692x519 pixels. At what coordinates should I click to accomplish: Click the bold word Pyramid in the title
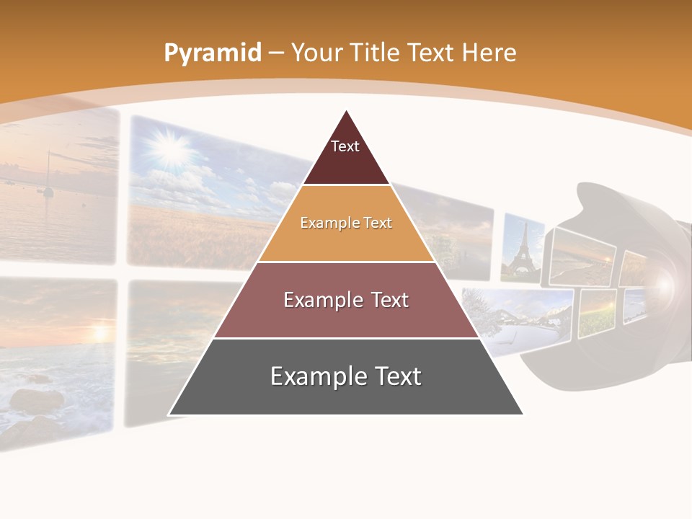pyautogui.click(x=213, y=53)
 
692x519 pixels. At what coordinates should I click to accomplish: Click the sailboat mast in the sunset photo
pyautogui.click(x=48, y=173)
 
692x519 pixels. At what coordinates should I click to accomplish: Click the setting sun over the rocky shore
pyautogui.click(x=99, y=332)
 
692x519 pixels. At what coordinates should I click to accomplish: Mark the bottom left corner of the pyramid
pyautogui.click(x=169, y=414)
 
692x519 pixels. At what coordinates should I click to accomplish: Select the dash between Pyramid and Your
pyautogui.click(x=276, y=53)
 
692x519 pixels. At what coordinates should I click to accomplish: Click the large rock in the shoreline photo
pyautogui.click(x=36, y=400)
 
